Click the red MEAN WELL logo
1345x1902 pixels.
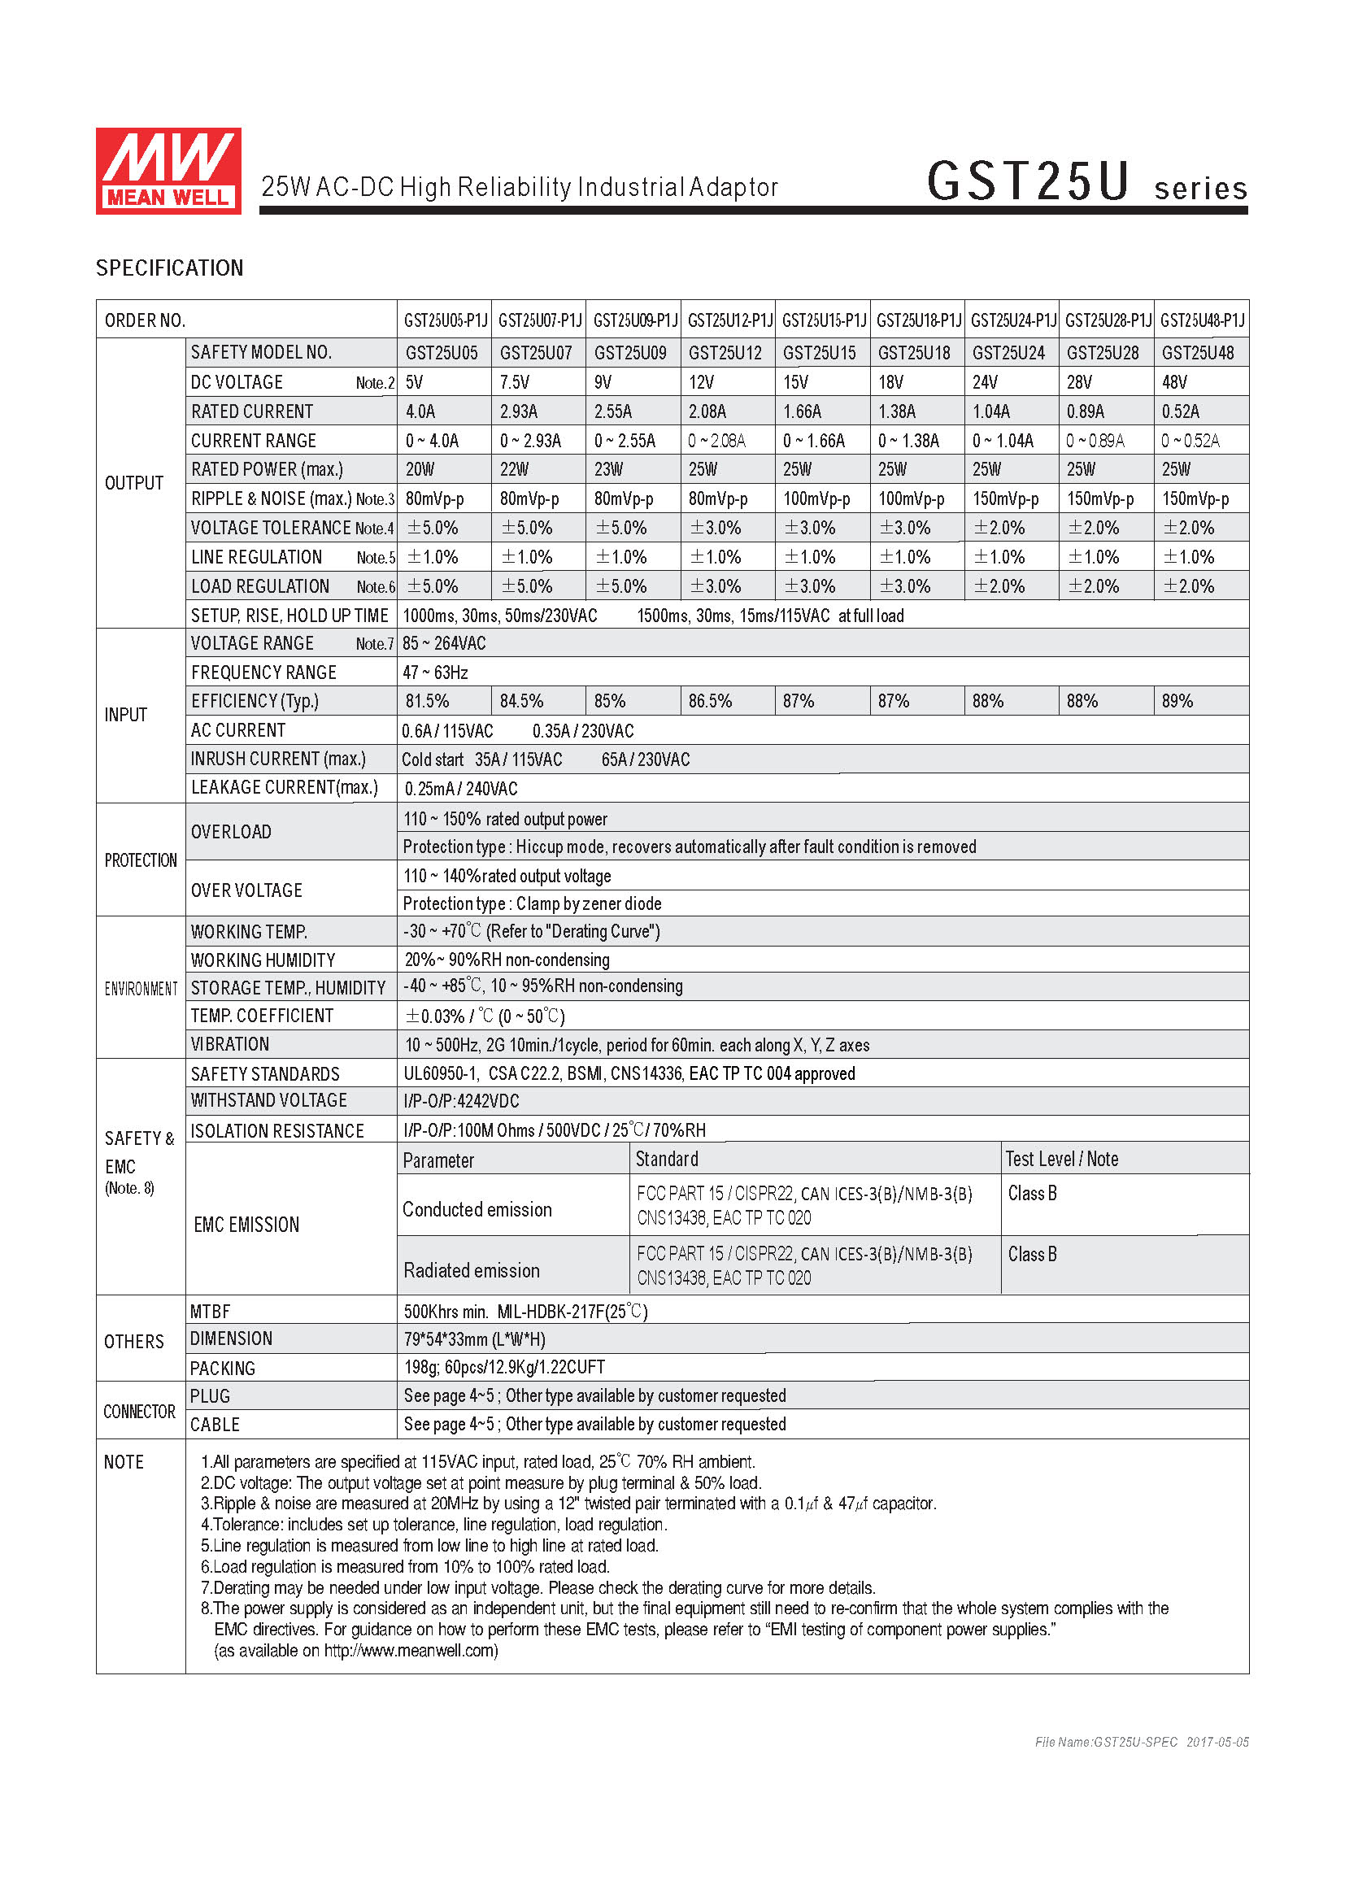coord(168,171)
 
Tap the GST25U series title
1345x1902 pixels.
coord(1086,182)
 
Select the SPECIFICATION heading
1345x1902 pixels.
coord(170,268)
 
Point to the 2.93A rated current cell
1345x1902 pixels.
coord(519,411)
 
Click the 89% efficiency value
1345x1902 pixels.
coord(1177,702)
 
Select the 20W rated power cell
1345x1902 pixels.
coord(420,470)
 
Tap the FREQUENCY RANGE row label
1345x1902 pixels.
coord(263,672)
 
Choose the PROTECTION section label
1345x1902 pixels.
coord(141,860)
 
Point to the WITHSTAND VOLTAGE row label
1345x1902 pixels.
coord(268,1101)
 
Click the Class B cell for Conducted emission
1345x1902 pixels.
coord(1032,1194)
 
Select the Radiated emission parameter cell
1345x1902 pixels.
coord(472,1271)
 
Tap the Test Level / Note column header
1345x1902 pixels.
coord(1062,1159)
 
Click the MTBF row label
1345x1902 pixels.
coord(211,1312)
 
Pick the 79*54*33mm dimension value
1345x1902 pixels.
coord(475,1339)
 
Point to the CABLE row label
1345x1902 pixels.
coord(215,1425)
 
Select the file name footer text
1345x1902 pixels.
coord(1141,1742)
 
